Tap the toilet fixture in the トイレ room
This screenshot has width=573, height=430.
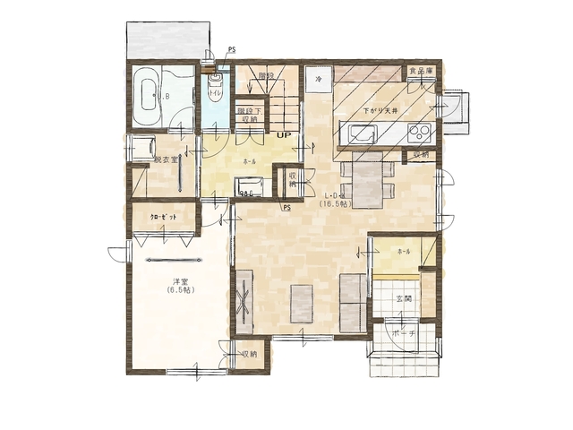(214, 80)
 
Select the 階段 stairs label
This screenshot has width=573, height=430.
(265, 76)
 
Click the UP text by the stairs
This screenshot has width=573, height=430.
(283, 135)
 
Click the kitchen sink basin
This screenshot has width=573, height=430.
(362, 135)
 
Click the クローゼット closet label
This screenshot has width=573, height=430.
(163, 218)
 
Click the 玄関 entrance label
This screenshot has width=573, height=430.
(404, 298)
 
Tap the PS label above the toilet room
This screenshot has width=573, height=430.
(232, 50)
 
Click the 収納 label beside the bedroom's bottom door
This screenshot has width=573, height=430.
(249, 355)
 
